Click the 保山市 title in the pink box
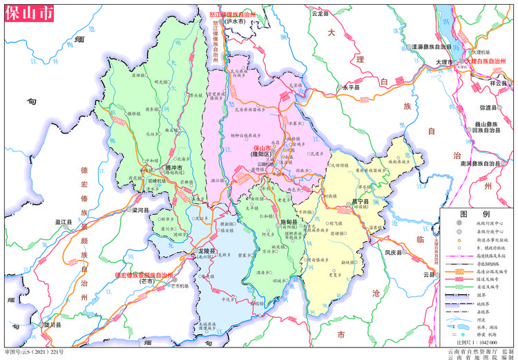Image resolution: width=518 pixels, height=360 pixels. click(x=23, y=15)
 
